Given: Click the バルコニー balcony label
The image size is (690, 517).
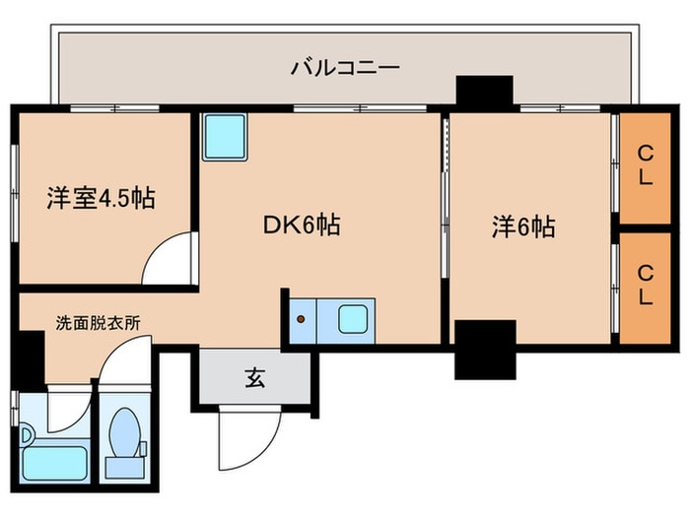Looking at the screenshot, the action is (345, 68).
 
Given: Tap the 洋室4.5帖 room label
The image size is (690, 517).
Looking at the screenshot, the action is (102, 198).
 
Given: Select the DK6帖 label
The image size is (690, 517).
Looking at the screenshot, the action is (302, 226).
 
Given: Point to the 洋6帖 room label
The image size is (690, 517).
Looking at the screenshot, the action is (523, 227).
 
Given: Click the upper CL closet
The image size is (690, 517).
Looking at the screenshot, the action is (645, 168).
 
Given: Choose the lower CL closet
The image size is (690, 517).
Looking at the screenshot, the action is (645, 288).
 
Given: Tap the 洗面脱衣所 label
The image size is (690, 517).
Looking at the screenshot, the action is (99, 323).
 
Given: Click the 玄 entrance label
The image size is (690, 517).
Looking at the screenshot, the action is (255, 377).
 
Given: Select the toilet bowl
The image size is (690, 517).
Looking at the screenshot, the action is (124, 432).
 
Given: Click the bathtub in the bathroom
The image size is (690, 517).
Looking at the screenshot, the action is (55, 464).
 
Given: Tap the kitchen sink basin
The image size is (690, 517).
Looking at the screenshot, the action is (353, 319).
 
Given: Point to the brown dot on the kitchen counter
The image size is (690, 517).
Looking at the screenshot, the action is (301, 319).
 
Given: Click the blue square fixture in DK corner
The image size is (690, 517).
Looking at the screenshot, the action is (225, 137).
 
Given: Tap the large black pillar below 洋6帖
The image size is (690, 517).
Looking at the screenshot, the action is (485, 350).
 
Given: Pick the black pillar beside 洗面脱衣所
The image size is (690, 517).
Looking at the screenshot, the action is (32, 358).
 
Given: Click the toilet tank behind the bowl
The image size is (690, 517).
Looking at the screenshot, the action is (124, 468).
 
